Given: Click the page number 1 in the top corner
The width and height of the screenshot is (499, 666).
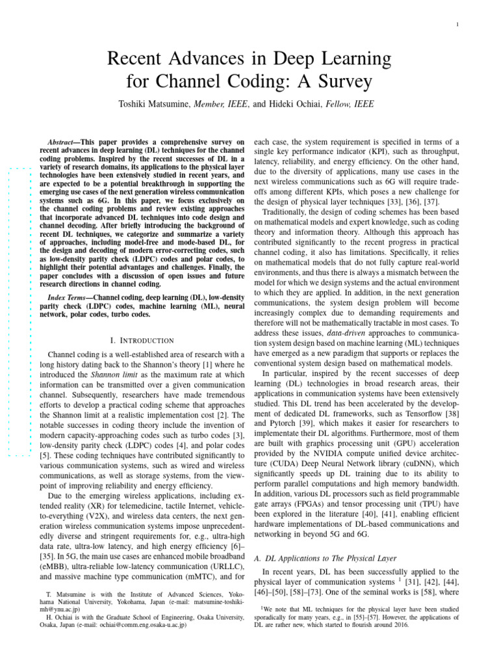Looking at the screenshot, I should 458,25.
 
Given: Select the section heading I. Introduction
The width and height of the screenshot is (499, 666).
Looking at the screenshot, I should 142,340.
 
